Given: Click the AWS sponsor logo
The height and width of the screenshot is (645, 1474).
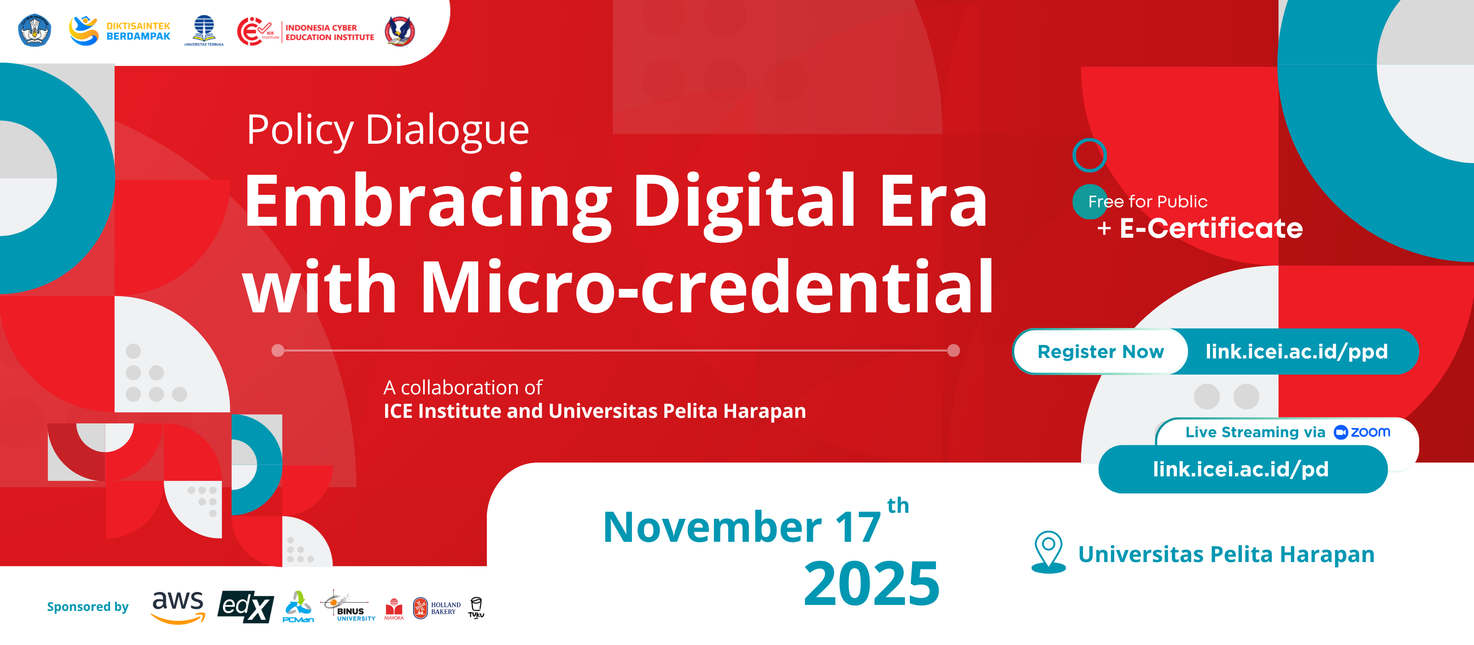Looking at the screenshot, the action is tap(177, 607).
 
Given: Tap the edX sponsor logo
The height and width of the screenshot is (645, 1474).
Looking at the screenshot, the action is tap(246, 607).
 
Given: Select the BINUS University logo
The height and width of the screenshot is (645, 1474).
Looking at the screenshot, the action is tap(349, 607).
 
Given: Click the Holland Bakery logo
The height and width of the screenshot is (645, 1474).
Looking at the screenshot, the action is tap(437, 608).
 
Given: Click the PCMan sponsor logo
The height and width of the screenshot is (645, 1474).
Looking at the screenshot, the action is tap(298, 607).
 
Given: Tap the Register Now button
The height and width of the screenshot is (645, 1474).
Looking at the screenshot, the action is tap(1100, 352).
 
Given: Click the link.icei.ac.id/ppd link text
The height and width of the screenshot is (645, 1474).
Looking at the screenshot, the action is tap(1297, 352).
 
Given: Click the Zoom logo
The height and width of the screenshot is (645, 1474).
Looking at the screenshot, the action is tap(1362, 432).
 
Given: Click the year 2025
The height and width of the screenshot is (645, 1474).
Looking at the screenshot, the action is tap(872, 583).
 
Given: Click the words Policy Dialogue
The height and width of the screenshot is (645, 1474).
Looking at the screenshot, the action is tap(387, 130).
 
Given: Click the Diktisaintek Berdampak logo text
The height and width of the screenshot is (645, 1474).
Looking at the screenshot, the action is tap(139, 31).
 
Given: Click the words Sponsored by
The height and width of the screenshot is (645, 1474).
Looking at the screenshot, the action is tap(88, 607).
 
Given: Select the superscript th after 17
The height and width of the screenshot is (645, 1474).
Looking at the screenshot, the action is tap(898, 505).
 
